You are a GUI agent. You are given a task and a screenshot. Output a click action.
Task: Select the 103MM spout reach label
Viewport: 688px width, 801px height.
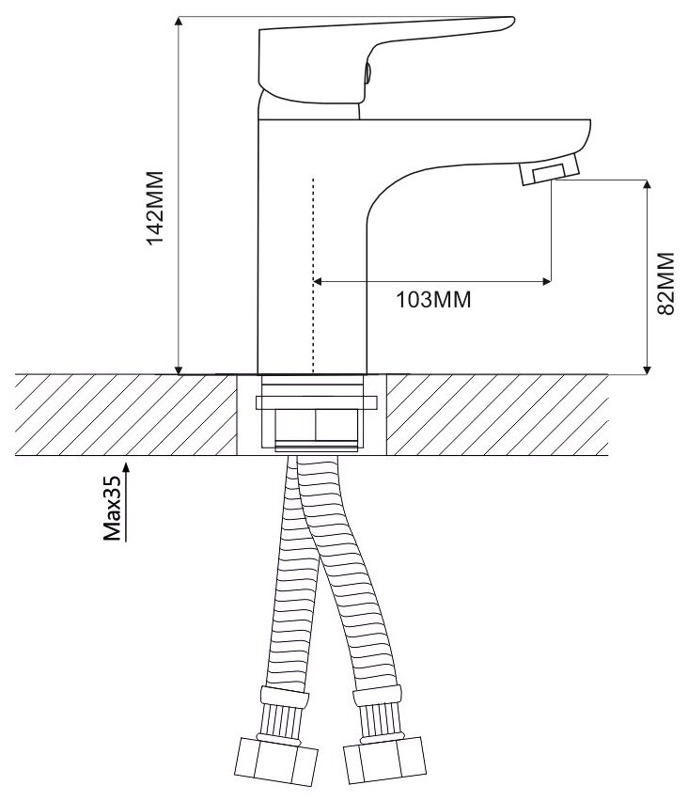[x=433, y=301]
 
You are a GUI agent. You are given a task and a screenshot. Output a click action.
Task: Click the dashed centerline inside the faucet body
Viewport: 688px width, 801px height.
[x=311, y=273]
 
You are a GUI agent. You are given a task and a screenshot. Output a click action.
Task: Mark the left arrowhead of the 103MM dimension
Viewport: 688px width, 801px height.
[x=318, y=280]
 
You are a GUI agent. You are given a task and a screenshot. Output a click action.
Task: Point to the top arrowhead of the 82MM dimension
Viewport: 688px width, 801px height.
[x=647, y=185]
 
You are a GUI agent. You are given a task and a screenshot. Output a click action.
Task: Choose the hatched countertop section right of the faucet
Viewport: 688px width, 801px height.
[x=498, y=415]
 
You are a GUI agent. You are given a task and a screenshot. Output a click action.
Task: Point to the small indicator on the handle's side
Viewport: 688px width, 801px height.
[x=367, y=72]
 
